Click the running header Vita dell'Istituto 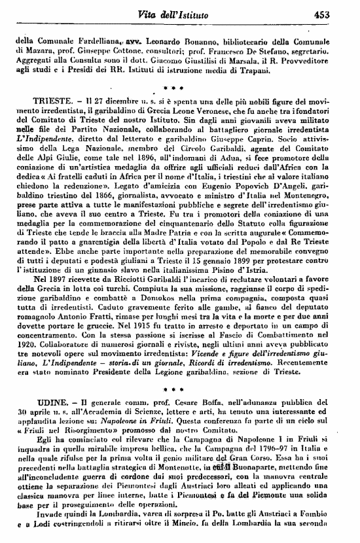pyautogui.click(x=200, y=14)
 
